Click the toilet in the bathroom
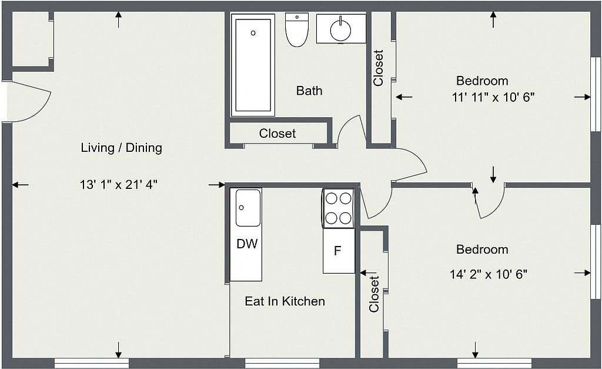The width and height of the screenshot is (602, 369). pos(297,30)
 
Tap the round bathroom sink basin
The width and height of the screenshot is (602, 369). pos(340,28)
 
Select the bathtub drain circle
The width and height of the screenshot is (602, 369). pos(253,33)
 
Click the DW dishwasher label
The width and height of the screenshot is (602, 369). pos(247,244)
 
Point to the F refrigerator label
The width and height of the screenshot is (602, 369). pos(337,251)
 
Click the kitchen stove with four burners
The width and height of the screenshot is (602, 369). pos(338,208)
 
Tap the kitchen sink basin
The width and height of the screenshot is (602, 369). pos(248,208)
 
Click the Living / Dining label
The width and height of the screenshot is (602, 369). pos(121,148)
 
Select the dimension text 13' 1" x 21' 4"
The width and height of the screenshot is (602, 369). pos(119,185)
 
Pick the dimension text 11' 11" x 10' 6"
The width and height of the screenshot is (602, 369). pos(493,97)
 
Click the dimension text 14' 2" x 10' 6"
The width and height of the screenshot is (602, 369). pos(489,274)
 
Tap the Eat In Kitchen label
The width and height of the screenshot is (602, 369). pos(285,301)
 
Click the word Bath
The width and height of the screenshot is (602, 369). pos(309,91)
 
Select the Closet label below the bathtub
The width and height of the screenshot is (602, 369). pos(277,134)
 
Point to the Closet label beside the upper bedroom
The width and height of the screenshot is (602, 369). pos(378,68)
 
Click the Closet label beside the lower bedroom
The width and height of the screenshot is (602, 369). pos(374,294)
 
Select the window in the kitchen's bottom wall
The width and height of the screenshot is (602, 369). pos(282,363)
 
